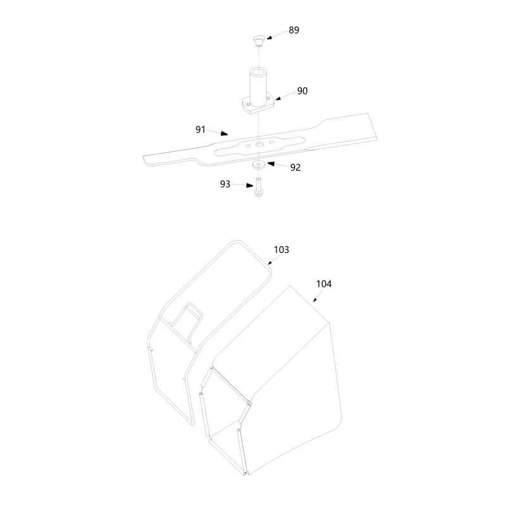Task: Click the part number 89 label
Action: (x=293, y=30)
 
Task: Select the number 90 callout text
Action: (x=302, y=91)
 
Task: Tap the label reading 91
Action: (x=201, y=130)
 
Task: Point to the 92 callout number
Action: (x=295, y=168)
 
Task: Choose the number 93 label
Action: (x=225, y=184)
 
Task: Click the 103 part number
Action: (x=281, y=250)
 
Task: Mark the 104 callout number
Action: (x=324, y=284)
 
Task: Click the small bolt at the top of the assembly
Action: (x=258, y=41)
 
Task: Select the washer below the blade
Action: (x=259, y=165)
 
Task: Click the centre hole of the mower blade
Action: (x=259, y=144)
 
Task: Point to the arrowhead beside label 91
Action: (x=225, y=133)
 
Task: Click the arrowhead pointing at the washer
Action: (x=271, y=164)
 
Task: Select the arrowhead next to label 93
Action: (x=250, y=185)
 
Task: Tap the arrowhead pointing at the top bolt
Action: (x=270, y=37)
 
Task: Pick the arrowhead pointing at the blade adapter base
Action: (x=278, y=98)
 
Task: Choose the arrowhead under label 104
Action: (x=315, y=300)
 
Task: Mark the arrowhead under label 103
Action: (x=270, y=262)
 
